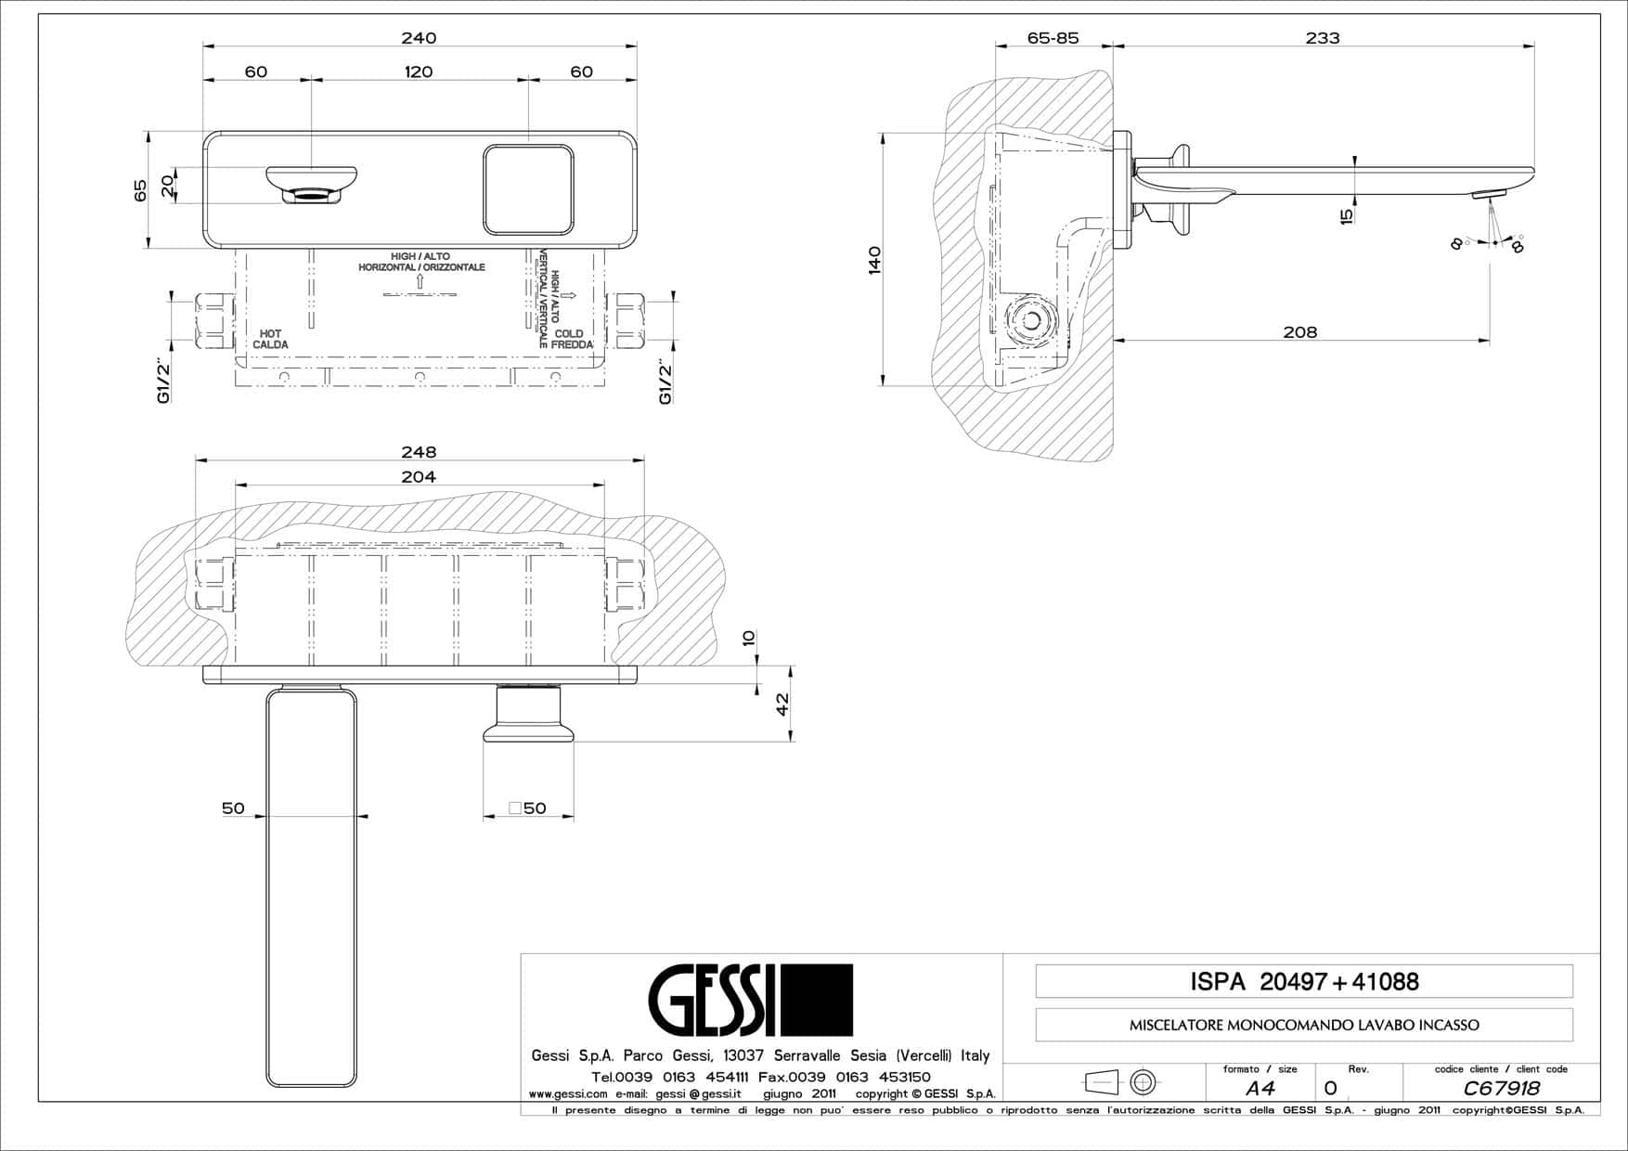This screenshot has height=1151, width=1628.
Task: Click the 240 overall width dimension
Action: (419, 38)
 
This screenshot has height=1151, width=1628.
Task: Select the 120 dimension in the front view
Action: (419, 71)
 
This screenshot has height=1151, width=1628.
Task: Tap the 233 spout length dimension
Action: (1323, 38)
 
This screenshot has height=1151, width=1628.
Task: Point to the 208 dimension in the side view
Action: (1299, 331)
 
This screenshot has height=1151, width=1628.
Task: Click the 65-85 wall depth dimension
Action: (1053, 38)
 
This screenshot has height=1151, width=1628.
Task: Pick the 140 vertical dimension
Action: (873, 260)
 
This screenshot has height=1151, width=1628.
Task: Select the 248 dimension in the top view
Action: (419, 452)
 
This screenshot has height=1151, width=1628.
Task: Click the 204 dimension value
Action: (419, 476)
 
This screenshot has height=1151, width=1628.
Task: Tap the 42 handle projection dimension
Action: (782, 705)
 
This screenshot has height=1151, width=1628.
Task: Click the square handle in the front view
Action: (528, 189)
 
